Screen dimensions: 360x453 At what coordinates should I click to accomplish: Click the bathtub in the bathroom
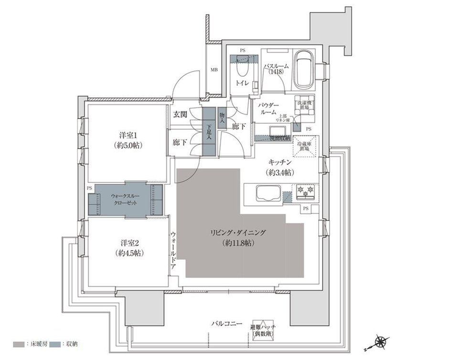click(x=303, y=71)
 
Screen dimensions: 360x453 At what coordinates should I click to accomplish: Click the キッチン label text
click(x=280, y=163)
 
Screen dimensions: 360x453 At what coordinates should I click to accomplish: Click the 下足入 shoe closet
click(x=209, y=131)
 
